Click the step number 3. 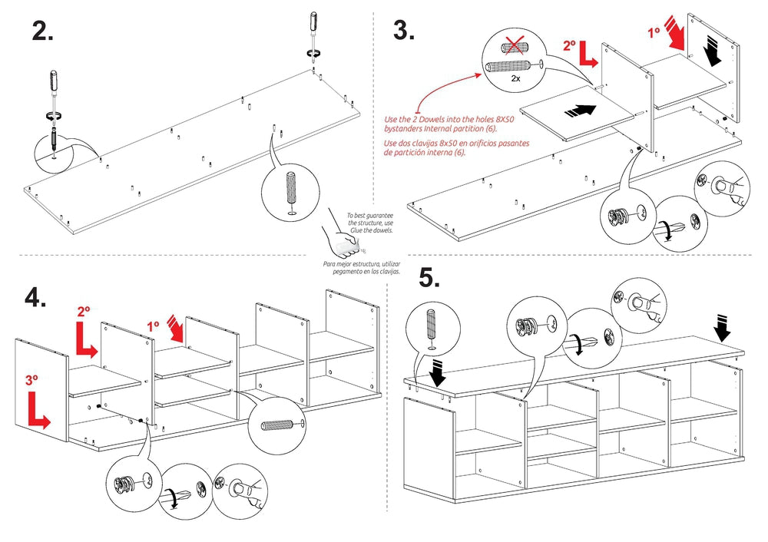pos(404,31)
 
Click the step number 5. pos(429,278)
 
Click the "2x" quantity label pos(516,78)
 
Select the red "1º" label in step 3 pos(654,33)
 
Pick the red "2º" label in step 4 pos(84,312)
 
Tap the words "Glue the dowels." pos(373,230)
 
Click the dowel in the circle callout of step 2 pos(290,190)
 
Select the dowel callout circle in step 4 pos(277,423)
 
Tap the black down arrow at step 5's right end pos(723,328)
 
